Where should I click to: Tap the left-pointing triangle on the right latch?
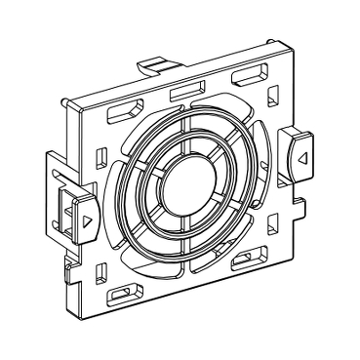(302, 155)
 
